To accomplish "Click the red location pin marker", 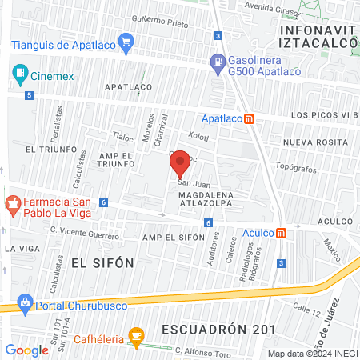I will [x=180, y=163].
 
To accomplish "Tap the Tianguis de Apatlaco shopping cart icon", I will [x=124, y=41].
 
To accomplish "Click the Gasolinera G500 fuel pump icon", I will [x=216, y=61].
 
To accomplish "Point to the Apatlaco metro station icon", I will [x=249, y=119].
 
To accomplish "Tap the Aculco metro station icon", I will [x=281, y=234].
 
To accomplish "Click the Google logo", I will [x=26, y=350].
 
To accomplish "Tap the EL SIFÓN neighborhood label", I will [x=100, y=262].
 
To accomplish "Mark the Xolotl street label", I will [x=197, y=137].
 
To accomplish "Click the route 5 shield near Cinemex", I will [x=30, y=96].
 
